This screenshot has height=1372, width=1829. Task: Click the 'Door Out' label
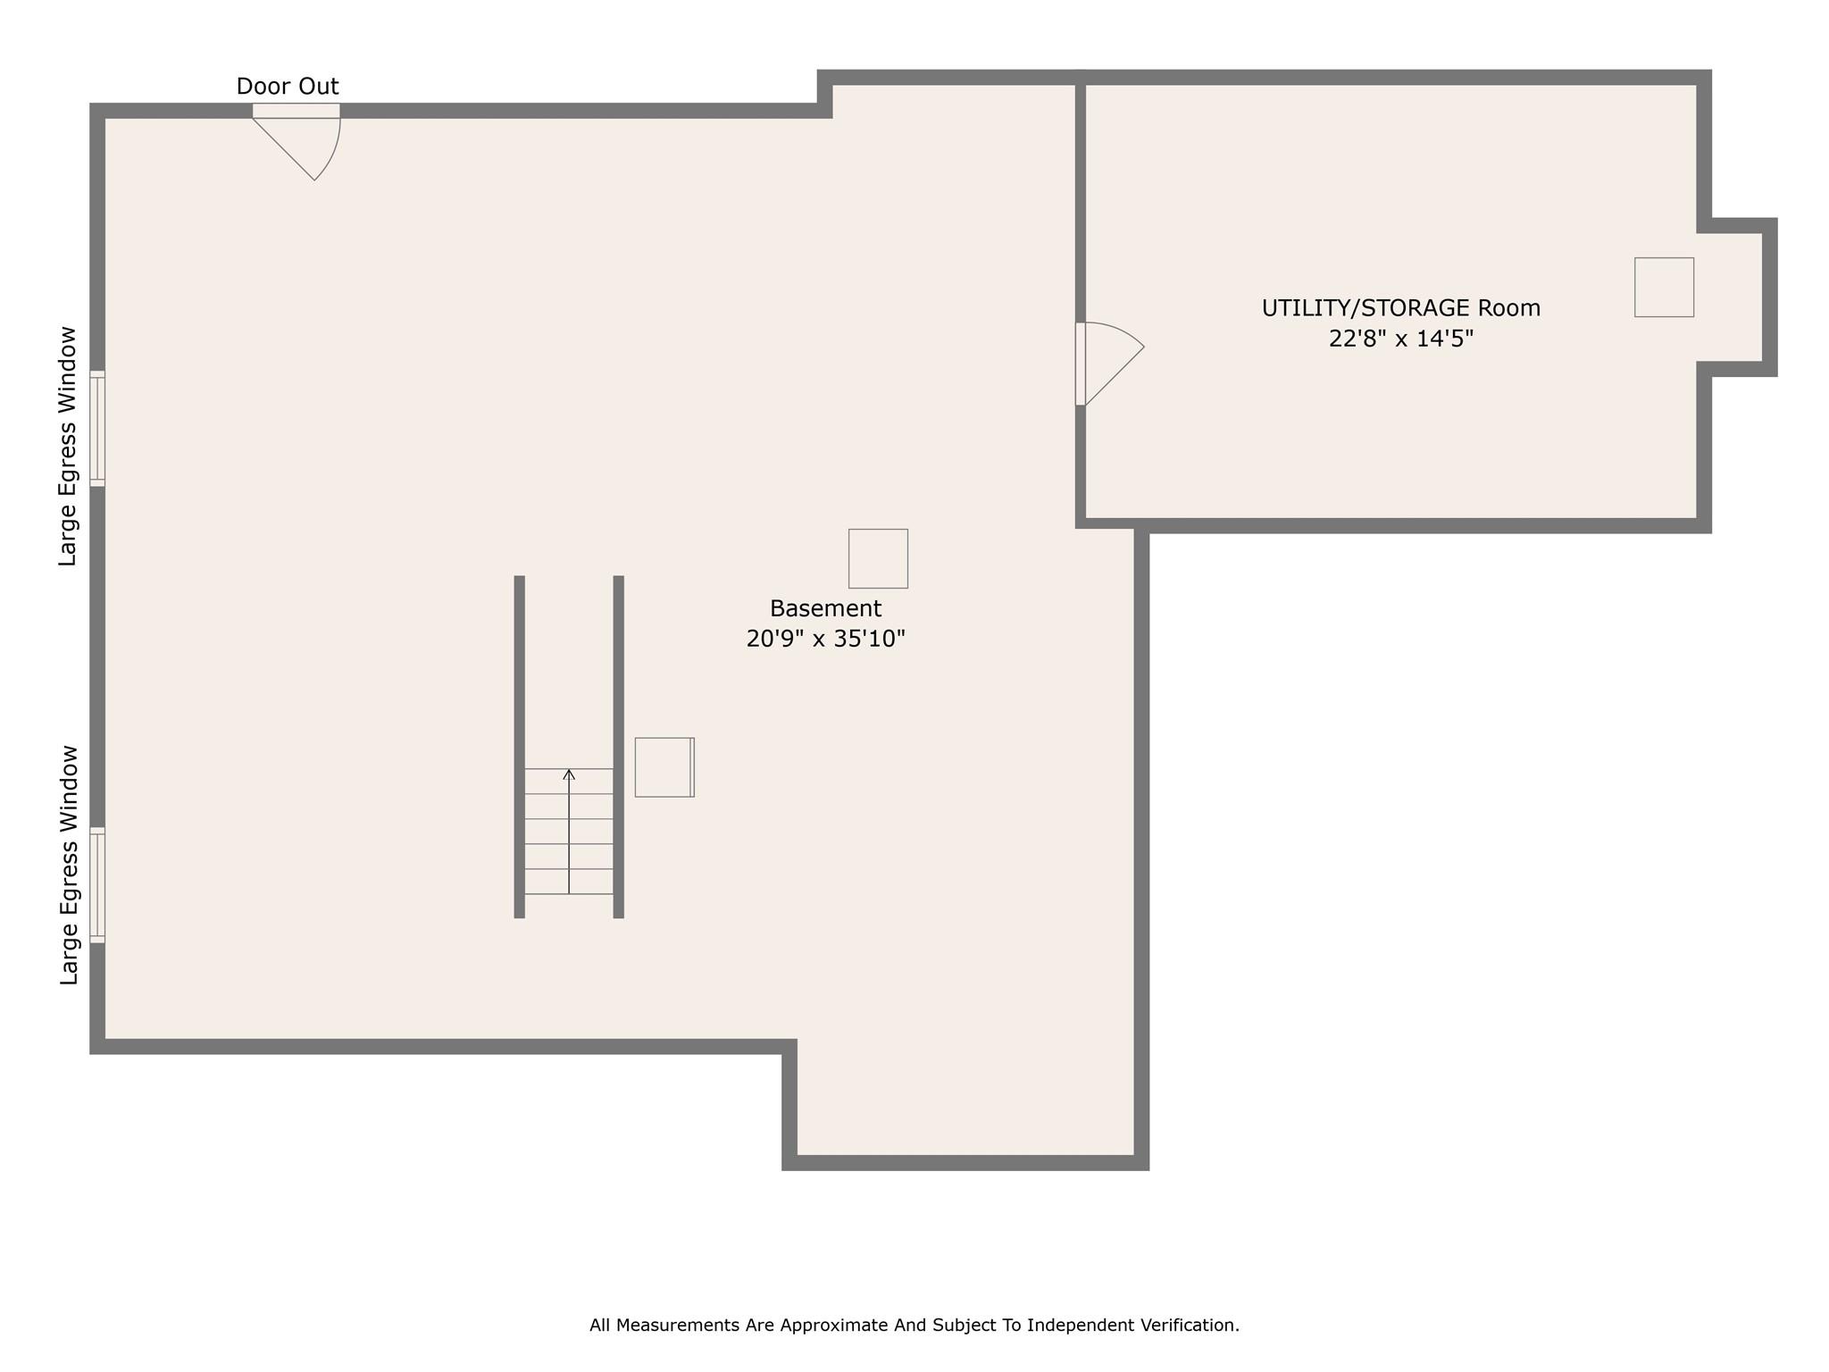coord(288,87)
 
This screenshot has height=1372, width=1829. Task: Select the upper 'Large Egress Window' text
coord(69,447)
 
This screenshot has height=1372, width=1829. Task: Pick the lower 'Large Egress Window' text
coord(70,865)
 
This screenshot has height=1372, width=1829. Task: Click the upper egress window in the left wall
coord(97,429)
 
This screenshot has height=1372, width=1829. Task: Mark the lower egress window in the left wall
coord(97,885)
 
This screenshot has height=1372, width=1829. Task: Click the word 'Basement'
coord(825,608)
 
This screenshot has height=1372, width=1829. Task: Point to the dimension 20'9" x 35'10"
coord(825,639)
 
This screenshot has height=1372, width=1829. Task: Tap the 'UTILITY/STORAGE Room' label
coord(1400,308)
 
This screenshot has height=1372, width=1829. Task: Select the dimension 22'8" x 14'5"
coord(1400,339)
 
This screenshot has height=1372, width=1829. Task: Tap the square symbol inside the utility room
coord(1664,287)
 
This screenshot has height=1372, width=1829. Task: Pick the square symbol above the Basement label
coord(878,558)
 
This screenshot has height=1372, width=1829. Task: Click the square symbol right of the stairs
coord(664,767)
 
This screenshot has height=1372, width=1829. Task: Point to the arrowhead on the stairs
coord(569,774)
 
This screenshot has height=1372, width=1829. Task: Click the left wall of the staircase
coord(520,747)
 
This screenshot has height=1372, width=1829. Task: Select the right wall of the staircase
coord(618,747)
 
